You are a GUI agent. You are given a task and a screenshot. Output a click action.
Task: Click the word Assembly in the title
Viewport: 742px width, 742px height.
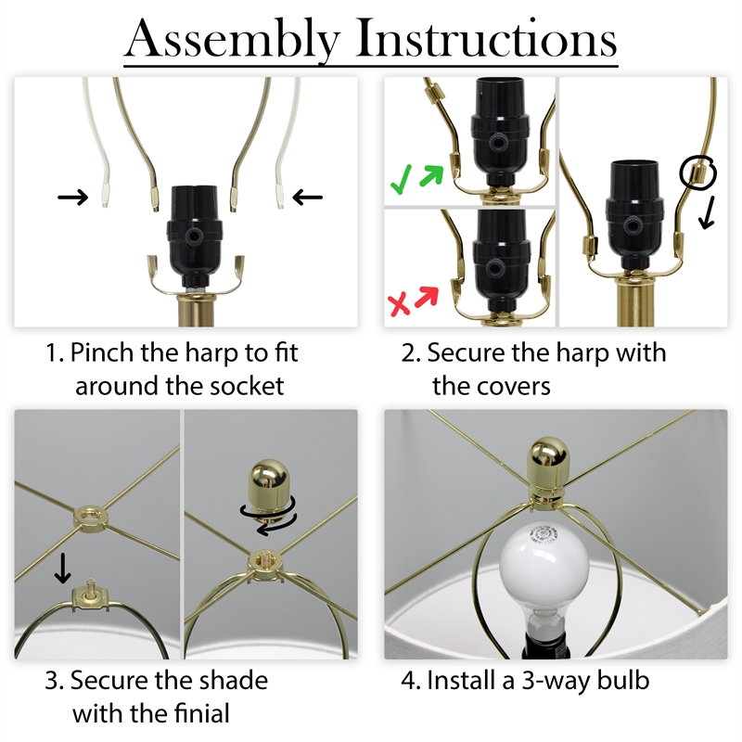click(233, 40)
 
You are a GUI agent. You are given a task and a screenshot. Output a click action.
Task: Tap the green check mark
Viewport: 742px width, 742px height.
click(401, 180)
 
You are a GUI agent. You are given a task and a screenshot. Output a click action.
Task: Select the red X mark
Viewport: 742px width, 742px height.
click(399, 303)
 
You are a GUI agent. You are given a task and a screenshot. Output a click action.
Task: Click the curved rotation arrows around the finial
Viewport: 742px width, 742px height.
click(269, 518)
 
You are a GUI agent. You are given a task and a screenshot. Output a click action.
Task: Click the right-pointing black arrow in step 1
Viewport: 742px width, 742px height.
click(72, 197)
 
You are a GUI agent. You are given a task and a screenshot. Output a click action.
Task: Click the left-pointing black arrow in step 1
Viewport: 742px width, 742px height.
click(308, 197)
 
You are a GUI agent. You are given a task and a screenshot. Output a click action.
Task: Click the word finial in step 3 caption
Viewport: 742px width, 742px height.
click(201, 713)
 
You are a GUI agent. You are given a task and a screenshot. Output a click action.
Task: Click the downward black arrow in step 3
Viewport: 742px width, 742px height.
click(62, 569)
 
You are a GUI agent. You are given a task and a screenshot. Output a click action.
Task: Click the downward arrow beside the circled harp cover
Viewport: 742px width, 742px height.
click(707, 212)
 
